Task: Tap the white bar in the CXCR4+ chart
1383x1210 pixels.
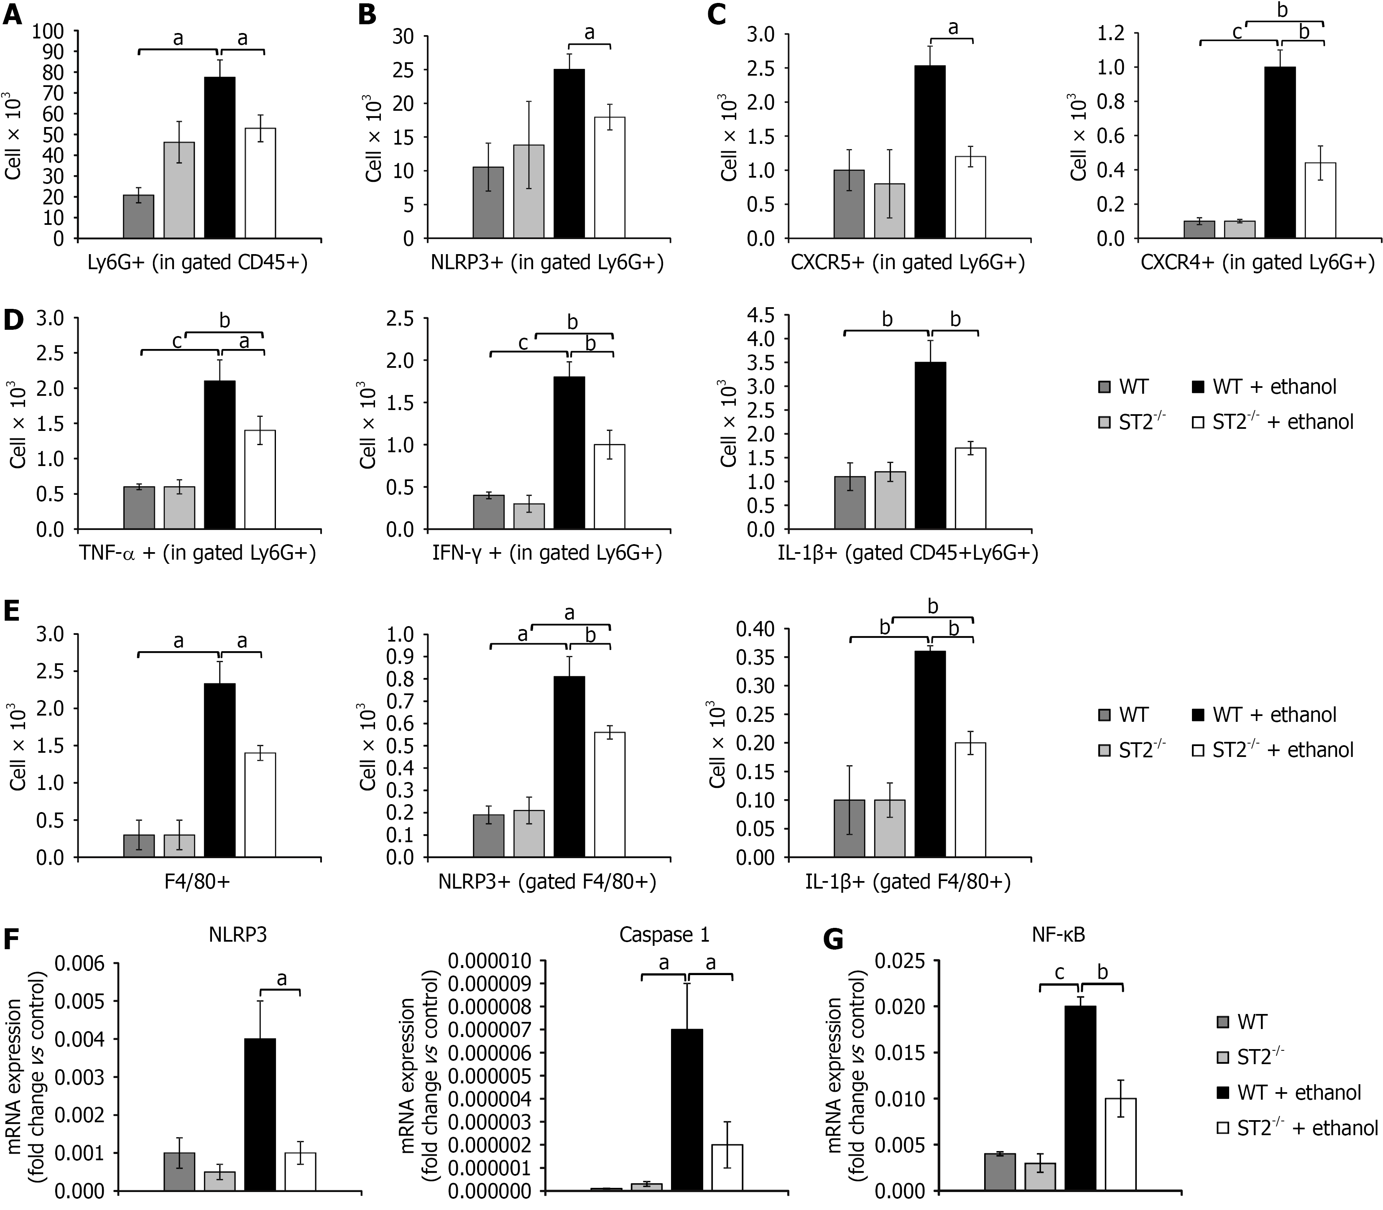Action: tap(1320, 201)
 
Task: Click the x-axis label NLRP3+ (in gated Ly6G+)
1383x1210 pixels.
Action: tap(547, 262)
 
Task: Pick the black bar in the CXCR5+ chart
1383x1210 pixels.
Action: tap(930, 152)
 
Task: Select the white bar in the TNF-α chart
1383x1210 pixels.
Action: tap(260, 479)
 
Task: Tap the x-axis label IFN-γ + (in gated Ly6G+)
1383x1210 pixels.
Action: tap(547, 554)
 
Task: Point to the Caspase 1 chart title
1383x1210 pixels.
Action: tap(664, 935)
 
